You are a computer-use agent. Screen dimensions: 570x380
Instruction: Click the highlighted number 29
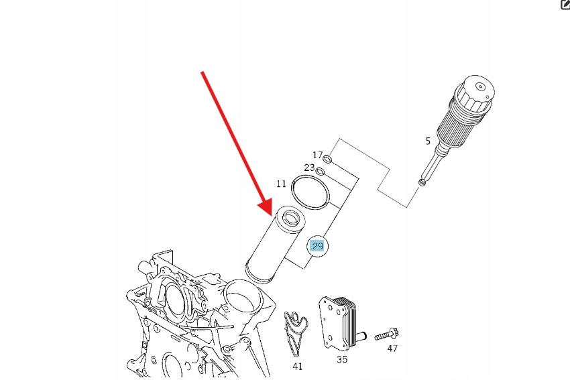[x=317, y=247]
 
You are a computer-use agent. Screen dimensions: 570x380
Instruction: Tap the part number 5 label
[x=428, y=141]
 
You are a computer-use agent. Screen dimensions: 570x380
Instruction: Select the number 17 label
[x=318, y=155]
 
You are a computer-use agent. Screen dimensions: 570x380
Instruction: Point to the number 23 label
[x=309, y=168]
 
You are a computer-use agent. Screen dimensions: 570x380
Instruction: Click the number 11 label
[x=281, y=184]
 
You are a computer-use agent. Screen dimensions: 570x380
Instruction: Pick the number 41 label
[x=297, y=367]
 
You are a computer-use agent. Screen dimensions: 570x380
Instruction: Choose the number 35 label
[x=342, y=359]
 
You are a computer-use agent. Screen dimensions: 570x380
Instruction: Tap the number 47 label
[x=392, y=349]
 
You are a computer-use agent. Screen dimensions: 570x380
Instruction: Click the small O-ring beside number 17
[x=327, y=159]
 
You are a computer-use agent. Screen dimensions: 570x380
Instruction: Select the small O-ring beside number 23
[x=319, y=171]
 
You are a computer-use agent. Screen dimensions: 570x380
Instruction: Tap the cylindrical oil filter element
[x=275, y=244]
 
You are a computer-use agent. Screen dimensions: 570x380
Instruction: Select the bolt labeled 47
[x=387, y=334]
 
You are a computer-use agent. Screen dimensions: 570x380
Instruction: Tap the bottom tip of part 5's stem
[x=422, y=182]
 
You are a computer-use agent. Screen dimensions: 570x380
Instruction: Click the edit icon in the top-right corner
[x=565, y=5]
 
